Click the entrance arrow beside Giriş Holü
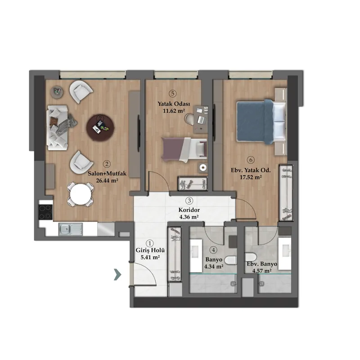[x=117, y=274]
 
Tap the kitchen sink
[x=71, y=229]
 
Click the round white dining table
[x=81, y=194]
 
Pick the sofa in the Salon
[x=58, y=128]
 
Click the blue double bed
[x=261, y=121]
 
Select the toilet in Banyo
[x=230, y=260]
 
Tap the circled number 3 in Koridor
[x=189, y=201]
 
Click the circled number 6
[x=251, y=160]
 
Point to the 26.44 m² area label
[x=107, y=180]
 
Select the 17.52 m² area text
[x=251, y=177]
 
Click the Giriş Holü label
[x=150, y=251]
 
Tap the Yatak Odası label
[x=174, y=104]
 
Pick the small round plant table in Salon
[x=57, y=92]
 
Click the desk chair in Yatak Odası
[x=189, y=119]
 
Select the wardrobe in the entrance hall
[x=175, y=254]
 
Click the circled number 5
[x=173, y=94]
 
